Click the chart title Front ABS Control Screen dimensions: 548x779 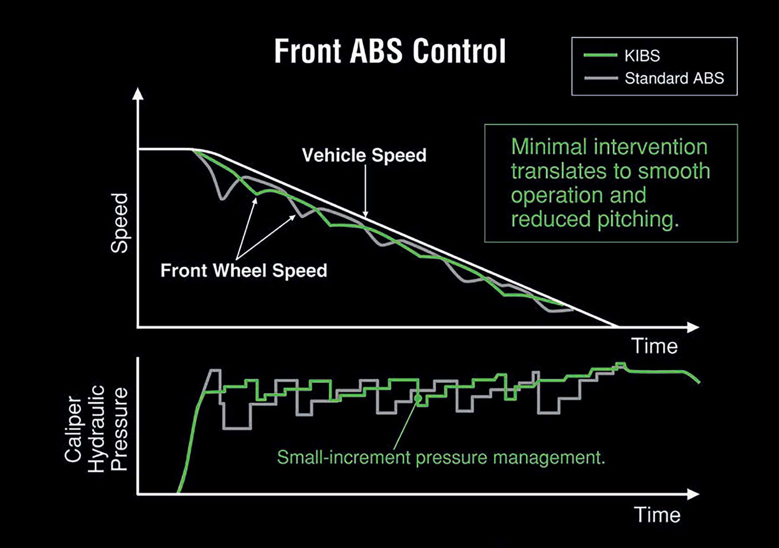pyautogui.click(x=390, y=51)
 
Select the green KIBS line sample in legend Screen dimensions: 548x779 pyautogui.click(x=600, y=56)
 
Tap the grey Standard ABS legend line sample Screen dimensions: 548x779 pyautogui.click(x=600, y=78)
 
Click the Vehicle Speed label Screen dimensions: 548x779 pyautogui.click(x=364, y=155)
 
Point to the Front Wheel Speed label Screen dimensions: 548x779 pyautogui.click(x=243, y=270)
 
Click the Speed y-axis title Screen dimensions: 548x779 pyautogui.click(x=119, y=223)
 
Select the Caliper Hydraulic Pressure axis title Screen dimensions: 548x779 pyautogui.click(x=96, y=429)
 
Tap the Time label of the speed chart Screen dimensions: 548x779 pyautogui.click(x=654, y=346)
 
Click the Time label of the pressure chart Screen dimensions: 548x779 pyautogui.click(x=657, y=515)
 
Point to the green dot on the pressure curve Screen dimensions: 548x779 pyautogui.click(x=418, y=398)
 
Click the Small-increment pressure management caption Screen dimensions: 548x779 pyautogui.click(x=441, y=457)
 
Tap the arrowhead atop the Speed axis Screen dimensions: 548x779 pyautogui.click(x=138, y=94)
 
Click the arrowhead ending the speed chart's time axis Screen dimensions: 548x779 pyautogui.click(x=693, y=327)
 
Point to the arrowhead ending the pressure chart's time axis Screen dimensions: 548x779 pyautogui.click(x=693, y=494)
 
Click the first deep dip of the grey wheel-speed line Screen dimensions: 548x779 pyautogui.click(x=223, y=198)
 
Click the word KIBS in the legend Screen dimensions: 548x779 pyautogui.click(x=642, y=56)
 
